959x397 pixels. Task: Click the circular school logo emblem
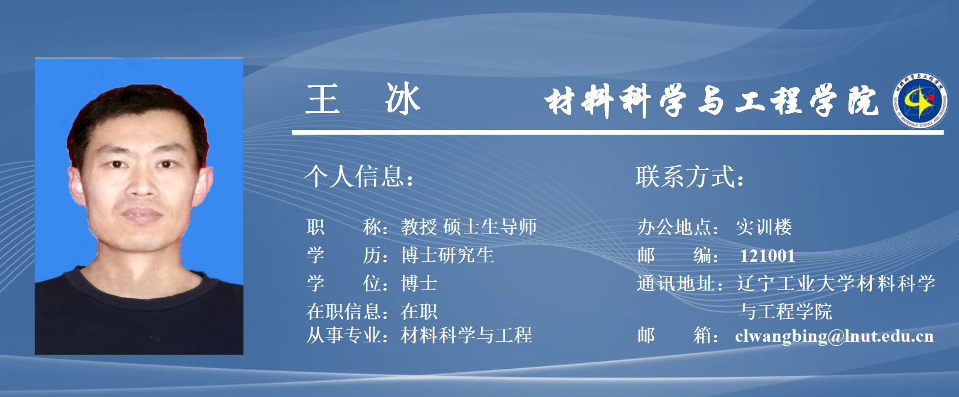920,101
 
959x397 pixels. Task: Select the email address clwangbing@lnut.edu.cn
834,336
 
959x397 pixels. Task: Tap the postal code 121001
767,256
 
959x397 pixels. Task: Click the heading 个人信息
359,176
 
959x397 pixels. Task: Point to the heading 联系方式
690,176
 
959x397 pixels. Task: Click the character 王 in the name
322,99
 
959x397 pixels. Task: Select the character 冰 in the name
403,98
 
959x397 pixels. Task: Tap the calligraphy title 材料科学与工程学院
711,101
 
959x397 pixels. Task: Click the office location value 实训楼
764,227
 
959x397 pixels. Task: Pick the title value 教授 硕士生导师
469,227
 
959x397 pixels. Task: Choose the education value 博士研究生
447,255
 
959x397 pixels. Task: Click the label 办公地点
674,227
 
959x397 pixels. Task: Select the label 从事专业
344,335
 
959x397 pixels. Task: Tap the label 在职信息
344,311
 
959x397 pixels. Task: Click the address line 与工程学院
786,311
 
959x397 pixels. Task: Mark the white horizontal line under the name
618,132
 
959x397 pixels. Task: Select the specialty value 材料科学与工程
466,335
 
